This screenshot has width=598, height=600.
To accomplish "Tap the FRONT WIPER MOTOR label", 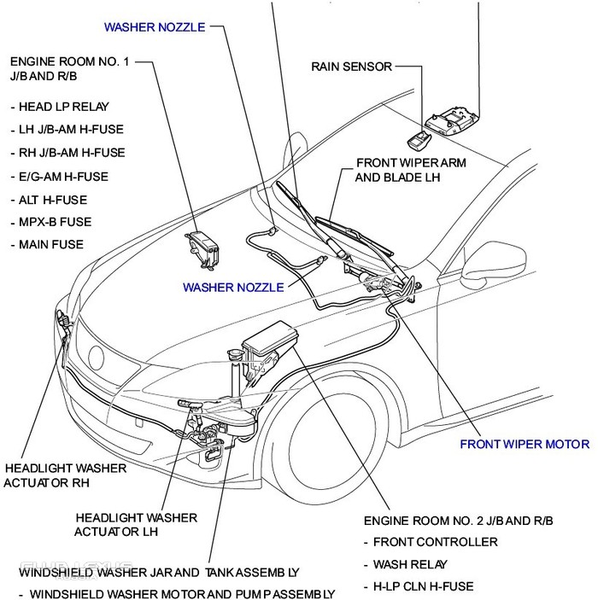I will point(524,444).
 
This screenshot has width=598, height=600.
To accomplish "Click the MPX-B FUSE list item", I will point(56,222).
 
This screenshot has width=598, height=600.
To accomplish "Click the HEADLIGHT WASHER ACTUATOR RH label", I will point(65,475).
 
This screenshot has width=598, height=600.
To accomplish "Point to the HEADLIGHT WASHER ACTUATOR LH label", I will point(136,524).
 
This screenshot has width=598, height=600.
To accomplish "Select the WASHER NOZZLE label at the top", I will point(155,26).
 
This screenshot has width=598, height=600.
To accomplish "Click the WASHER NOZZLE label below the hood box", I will point(233,288).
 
